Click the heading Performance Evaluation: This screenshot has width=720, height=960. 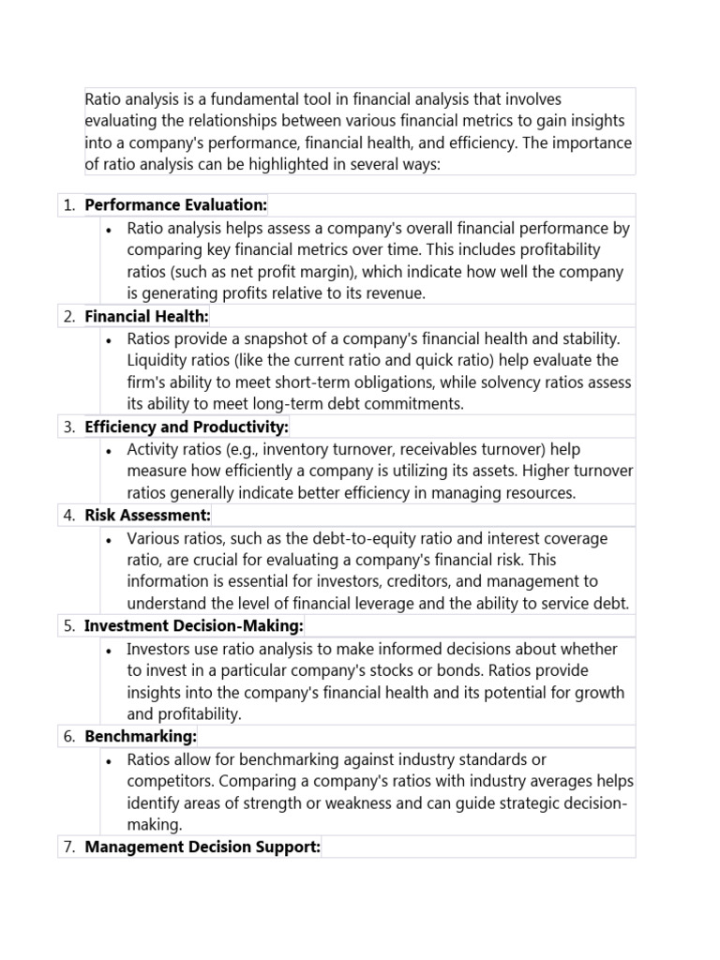(x=175, y=204)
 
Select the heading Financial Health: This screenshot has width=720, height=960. (x=146, y=316)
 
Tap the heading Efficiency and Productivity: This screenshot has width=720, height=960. (x=187, y=427)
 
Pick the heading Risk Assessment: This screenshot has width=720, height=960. (x=147, y=515)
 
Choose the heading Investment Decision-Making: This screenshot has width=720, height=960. (x=194, y=625)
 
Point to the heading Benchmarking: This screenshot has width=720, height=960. (x=141, y=736)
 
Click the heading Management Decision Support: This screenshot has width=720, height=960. (x=202, y=847)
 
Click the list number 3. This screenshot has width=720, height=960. (x=68, y=427)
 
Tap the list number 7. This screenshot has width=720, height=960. (x=68, y=847)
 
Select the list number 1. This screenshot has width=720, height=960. (x=68, y=205)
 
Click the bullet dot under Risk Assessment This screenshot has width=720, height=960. (x=110, y=540)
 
